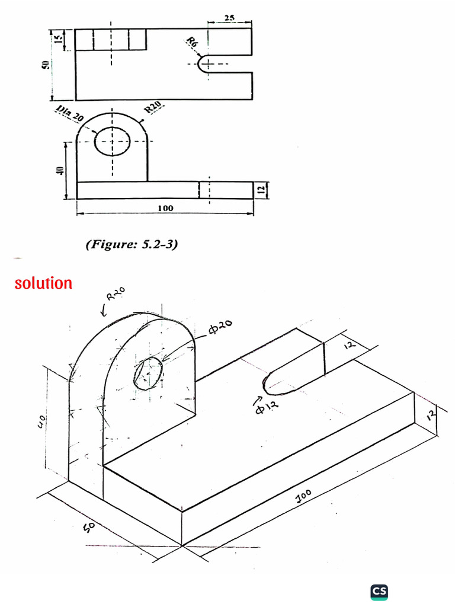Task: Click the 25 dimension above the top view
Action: click(230, 18)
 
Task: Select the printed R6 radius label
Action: click(192, 43)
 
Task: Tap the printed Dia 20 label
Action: click(69, 114)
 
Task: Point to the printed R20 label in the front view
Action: click(154, 108)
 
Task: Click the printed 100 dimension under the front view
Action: click(165, 208)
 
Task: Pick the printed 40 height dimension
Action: click(59, 171)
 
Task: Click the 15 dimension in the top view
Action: click(57, 40)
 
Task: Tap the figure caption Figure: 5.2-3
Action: click(132, 244)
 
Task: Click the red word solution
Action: click(43, 283)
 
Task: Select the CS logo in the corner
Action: click(379, 591)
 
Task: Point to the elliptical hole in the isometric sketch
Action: click(148, 374)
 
